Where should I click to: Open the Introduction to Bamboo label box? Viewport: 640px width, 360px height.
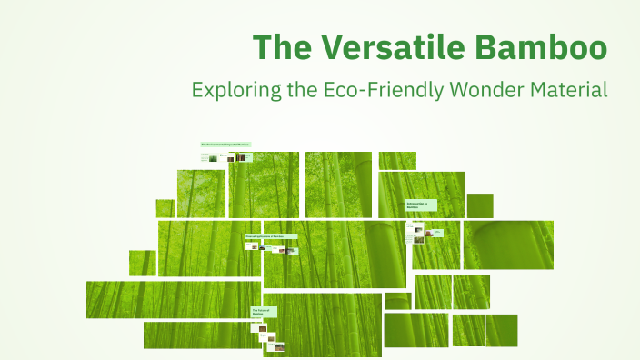pyautogui.click(x=421, y=206)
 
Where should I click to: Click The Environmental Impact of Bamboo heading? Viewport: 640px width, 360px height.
pyautogui.click(x=225, y=145)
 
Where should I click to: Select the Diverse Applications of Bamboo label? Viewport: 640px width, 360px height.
pyautogui.click(x=270, y=236)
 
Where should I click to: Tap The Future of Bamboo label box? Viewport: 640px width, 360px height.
pyautogui.click(x=263, y=312)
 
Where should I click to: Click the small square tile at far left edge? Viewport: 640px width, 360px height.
pyautogui.click(x=142, y=263)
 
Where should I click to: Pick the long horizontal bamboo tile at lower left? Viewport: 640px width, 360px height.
pyautogui.click(x=173, y=299)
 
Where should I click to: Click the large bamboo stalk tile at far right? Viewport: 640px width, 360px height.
pyautogui.click(x=508, y=245)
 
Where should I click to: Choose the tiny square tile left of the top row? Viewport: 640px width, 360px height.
pyautogui.click(x=165, y=208)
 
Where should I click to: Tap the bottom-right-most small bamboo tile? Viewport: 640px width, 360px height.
pyautogui.click(x=501, y=330)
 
